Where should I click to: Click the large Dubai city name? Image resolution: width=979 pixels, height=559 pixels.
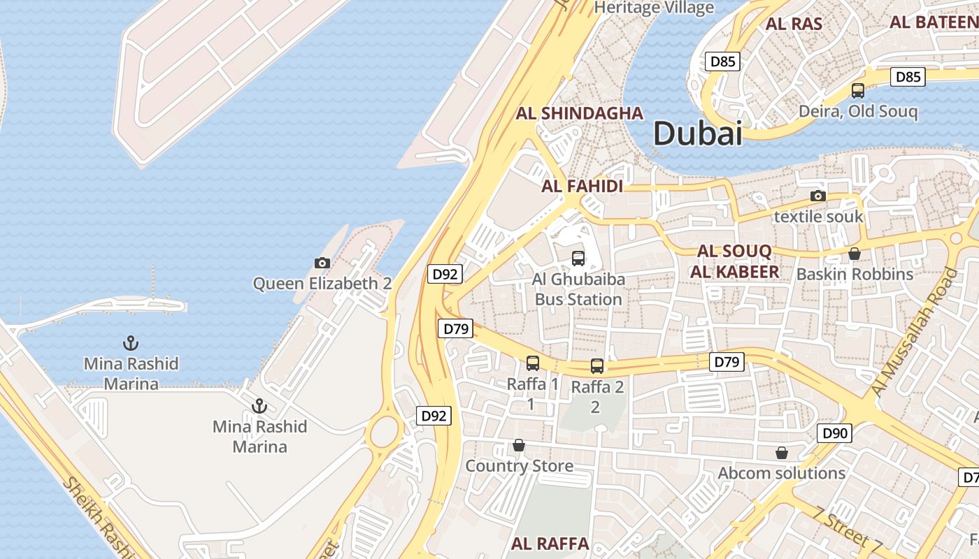[697, 133]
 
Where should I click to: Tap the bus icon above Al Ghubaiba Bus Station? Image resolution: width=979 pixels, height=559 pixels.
[578, 259]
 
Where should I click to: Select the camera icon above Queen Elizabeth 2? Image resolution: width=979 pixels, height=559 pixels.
[322, 263]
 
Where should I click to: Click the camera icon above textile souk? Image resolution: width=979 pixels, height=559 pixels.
[817, 196]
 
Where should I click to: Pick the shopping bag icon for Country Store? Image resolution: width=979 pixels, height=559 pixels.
[519, 445]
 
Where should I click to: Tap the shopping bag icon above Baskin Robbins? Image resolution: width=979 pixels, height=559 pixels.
[854, 254]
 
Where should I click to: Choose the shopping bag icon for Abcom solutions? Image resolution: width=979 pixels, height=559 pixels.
[782, 453]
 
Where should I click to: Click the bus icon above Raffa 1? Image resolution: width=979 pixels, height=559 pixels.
[533, 363]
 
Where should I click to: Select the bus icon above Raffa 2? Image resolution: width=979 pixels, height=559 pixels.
[597, 365]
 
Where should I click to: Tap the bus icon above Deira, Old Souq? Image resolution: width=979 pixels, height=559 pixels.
[858, 91]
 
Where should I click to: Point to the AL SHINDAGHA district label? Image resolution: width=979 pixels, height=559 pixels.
[580, 114]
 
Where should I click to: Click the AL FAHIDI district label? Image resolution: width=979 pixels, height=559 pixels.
[582, 187]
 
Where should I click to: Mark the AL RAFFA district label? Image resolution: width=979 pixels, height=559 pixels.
[550, 544]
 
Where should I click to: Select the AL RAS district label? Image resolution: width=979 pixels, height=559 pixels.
[794, 24]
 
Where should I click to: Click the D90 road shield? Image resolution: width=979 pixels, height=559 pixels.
[834, 433]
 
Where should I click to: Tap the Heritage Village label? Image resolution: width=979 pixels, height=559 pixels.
[654, 8]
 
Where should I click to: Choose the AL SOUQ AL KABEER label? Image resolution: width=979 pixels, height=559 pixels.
[734, 262]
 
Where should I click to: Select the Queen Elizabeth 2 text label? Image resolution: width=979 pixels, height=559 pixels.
[322, 284]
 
